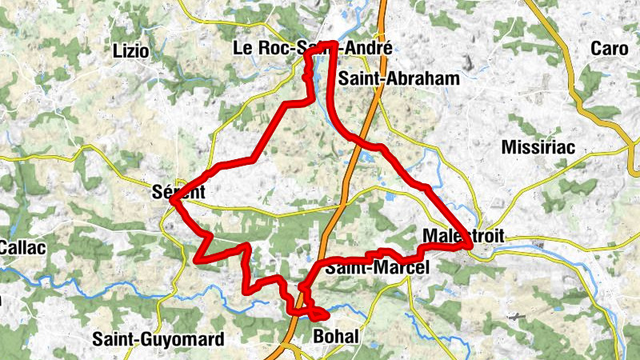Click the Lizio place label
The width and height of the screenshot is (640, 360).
pos(131,50)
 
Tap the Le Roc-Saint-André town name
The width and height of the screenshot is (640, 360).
pos(313,49)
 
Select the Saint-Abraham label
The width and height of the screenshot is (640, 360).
pos(398,78)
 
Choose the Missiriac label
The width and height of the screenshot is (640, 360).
pos(538,147)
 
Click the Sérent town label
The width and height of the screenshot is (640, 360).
pos(178,192)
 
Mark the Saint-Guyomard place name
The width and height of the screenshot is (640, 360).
pos(158,339)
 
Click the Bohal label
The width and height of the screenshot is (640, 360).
pos(337,337)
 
